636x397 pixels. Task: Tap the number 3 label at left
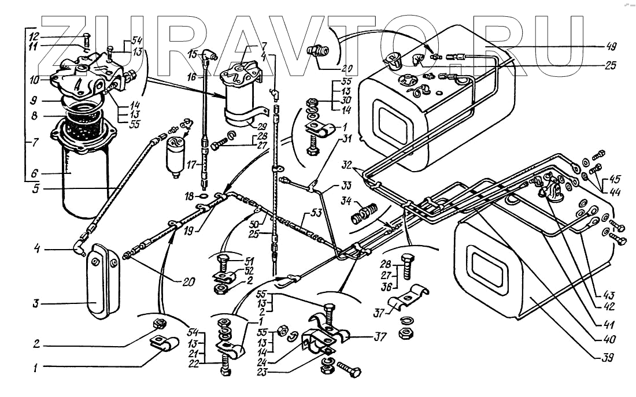pos(36,303)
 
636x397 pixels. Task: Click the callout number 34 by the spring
pos(346,202)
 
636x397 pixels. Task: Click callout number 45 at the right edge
pos(614,178)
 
